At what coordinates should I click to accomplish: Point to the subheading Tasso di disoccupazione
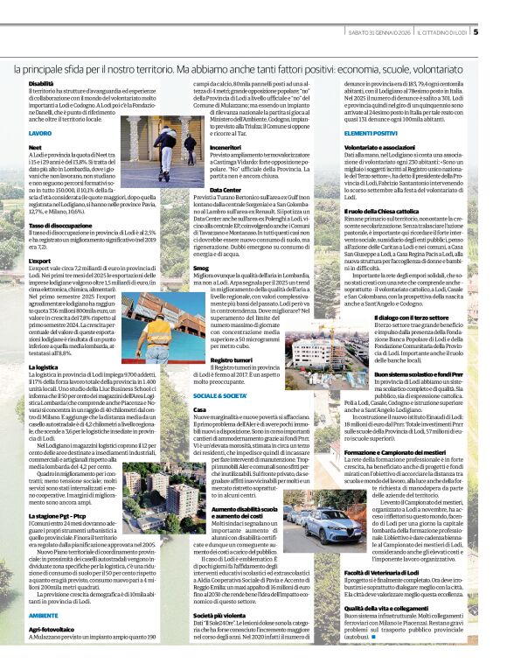coord(60,225)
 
